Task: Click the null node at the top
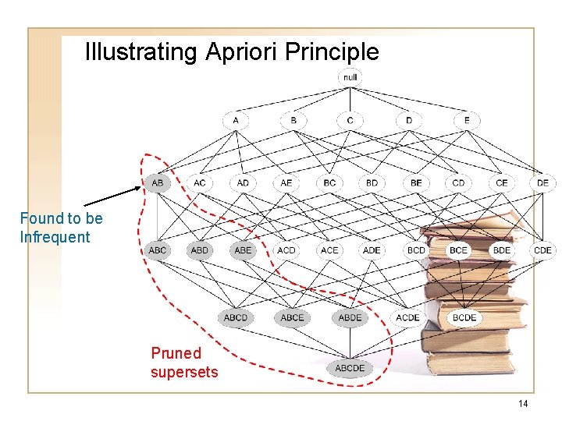(x=350, y=76)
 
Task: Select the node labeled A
(x=236, y=121)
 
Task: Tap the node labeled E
(x=467, y=121)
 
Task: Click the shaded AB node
(x=157, y=182)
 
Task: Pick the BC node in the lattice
(x=329, y=182)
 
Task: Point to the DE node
(x=542, y=182)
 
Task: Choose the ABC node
(x=157, y=250)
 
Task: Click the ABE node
(x=243, y=250)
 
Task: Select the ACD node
(x=286, y=250)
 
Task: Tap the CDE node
(x=542, y=250)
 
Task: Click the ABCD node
(x=235, y=317)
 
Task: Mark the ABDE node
(x=350, y=317)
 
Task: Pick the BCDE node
(x=464, y=317)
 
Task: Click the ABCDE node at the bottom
(x=350, y=368)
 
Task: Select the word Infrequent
(x=55, y=237)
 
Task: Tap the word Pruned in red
(x=176, y=353)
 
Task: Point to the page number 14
(x=523, y=403)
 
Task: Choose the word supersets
(x=184, y=372)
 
